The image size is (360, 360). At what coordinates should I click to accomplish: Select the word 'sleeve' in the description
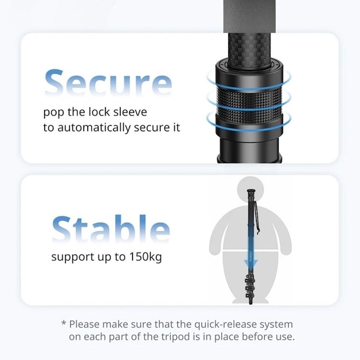[130, 112]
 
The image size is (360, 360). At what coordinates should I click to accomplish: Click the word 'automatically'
[94, 128]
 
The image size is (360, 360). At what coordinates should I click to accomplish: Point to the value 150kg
[145, 257]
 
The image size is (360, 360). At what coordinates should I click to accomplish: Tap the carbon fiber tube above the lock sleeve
[249, 49]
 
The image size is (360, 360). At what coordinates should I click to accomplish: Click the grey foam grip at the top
[249, 16]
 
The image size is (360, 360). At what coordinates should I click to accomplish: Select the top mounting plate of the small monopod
[251, 191]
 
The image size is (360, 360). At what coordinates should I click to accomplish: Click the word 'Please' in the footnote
[84, 324]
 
